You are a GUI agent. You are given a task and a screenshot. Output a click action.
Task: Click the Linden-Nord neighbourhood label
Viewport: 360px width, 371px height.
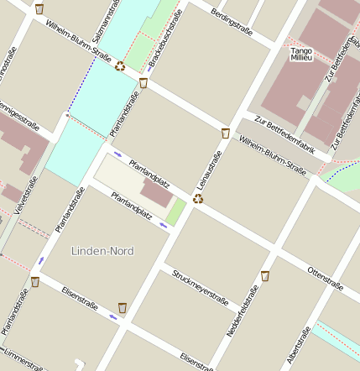(102, 251)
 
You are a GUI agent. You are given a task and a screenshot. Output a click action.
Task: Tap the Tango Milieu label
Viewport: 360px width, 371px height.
(301, 55)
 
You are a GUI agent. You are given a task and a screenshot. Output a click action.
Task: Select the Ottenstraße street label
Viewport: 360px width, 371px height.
(326, 278)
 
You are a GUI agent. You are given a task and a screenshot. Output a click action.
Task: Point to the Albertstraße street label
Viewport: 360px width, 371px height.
(299, 344)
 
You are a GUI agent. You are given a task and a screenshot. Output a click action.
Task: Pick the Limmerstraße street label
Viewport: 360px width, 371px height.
(20, 362)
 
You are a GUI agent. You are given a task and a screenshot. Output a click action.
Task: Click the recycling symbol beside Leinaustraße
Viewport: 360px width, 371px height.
(199, 199)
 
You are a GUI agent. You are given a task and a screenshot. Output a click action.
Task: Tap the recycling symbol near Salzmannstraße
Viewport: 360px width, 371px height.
(120, 65)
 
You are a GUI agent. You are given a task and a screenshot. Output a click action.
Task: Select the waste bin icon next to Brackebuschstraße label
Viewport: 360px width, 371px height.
(144, 83)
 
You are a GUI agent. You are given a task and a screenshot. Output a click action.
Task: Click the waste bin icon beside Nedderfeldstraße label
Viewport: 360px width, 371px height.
(265, 275)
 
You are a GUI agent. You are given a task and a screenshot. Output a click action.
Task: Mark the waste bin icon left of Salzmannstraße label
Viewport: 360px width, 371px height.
(39, 9)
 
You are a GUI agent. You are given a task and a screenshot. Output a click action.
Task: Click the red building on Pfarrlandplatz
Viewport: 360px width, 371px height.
(155, 192)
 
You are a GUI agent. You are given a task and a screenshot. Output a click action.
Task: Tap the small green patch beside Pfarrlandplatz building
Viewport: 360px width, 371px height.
(175, 212)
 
